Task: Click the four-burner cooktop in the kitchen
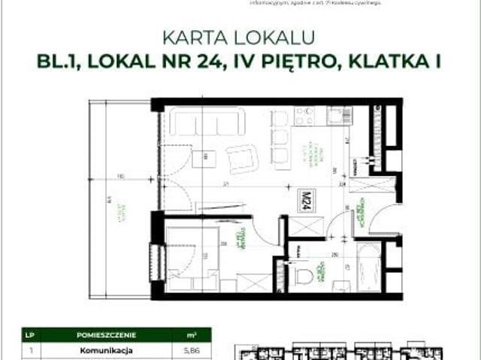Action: (305, 116)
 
